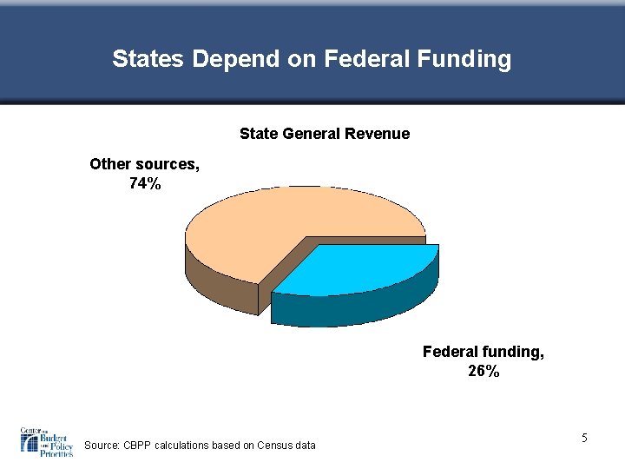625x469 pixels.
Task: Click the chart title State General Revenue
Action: pyautogui.click(x=324, y=134)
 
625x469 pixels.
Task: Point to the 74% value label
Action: pyautogui.click(x=144, y=183)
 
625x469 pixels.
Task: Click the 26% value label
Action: pyautogui.click(x=484, y=372)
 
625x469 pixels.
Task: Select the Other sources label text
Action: pyautogui.click(x=144, y=163)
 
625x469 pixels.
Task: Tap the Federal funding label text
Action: pyautogui.click(x=484, y=352)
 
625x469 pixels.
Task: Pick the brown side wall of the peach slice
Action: pyautogui.click(x=217, y=282)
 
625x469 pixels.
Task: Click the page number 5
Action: pyautogui.click(x=585, y=438)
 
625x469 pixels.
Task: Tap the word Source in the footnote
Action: pyautogui.click(x=102, y=446)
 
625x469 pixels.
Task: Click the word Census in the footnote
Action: pyautogui.click(x=275, y=446)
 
